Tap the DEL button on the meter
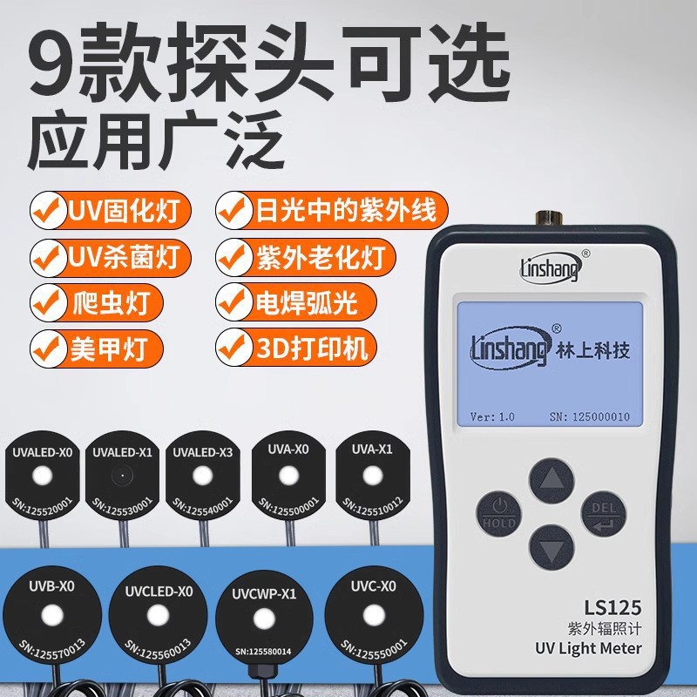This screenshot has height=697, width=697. (604, 514)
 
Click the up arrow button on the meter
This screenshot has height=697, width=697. (552, 481)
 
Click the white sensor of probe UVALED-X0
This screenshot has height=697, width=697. (43, 476)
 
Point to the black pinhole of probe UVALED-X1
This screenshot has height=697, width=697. (122, 476)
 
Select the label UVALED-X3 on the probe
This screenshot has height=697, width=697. (202, 452)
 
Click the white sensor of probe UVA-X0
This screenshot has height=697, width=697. (288, 475)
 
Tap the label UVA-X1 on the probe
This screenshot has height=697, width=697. (372, 450)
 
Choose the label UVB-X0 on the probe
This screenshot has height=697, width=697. (51, 586)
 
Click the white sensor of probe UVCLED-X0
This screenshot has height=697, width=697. (158, 616)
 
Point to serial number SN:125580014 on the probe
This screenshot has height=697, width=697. (263, 652)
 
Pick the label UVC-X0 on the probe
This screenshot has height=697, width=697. (374, 586)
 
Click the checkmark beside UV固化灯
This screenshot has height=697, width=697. (46, 210)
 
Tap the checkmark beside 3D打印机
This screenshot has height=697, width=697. (232, 347)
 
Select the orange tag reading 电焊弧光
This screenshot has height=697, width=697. (296, 302)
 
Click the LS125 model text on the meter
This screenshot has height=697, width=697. (612, 607)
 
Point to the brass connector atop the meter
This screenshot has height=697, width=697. (549, 219)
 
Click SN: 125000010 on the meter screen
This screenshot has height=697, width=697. (590, 416)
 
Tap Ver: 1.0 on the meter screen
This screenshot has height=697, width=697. (492, 416)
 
